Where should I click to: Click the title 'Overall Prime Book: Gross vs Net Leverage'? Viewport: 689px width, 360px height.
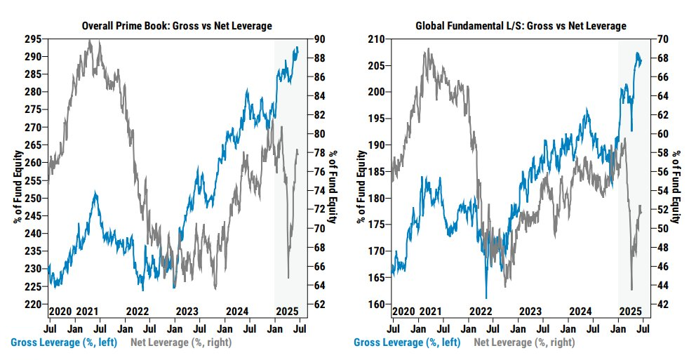pyautogui.click(x=177, y=26)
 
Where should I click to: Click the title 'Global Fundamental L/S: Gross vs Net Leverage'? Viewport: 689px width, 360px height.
pyautogui.click(x=520, y=26)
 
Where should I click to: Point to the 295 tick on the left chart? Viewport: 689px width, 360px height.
pyautogui.click(x=34, y=38)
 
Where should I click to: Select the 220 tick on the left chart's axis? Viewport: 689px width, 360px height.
pyautogui.click(x=34, y=305)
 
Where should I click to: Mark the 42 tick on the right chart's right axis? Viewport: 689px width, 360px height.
pyautogui.click(x=662, y=305)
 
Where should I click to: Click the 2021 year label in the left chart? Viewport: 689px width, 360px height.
pyautogui.click(x=87, y=311)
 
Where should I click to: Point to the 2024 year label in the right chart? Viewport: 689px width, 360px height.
pyautogui.click(x=580, y=311)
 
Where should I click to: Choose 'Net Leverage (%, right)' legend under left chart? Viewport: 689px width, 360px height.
pyautogui.click(x=181, y=342)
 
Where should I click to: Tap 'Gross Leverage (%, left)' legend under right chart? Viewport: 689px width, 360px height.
pyautogui.click(x=408, y=342)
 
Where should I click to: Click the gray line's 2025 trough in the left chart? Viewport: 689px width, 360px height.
pyautogui.click(x=288, y=278)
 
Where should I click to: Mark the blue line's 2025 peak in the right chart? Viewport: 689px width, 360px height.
pyautogui.click(x=638, y=53)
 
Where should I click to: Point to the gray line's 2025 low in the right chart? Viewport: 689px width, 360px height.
pyautogui.click(x=631, y=289)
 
